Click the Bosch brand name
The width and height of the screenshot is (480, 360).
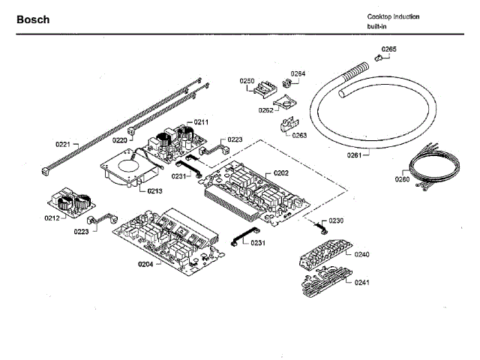pyautogui.click(x=33, y=19)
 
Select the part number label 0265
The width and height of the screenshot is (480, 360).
pyautogui.click(x=388, y=49)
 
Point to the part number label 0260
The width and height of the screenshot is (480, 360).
pyautogui.click(x=402, y=179)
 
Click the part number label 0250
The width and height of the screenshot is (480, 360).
pyautogui.click(x=247, y=80)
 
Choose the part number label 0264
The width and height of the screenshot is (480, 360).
pyautogui.click(x=298, y=73)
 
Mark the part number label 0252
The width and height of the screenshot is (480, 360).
pyautogui.click(x=266, y=109)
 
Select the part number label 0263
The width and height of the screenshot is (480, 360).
pyautogui.click(x=300, y=136)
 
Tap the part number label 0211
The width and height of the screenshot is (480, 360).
pyautogui.click(x=201, y=121)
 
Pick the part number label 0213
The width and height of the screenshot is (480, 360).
pyautogui.click(x=154, y=191)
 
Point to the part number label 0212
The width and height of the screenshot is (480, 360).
pyautogui.click(x=52, y=218)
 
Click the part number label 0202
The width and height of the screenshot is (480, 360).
pyautogui.click(x=280, y=172)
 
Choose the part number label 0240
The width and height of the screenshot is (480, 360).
pyautogui.click(x=362, y=255)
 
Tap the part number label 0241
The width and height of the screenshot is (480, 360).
pyautogui.click(x=362, y=283)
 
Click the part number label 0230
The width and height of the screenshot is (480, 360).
pyautogui.click(x=336, y=220)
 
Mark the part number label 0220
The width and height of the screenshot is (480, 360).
pyautogui.click(x=120, y=139)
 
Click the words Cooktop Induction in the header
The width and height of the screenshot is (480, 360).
pyautogui.click(x=393, y=16)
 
